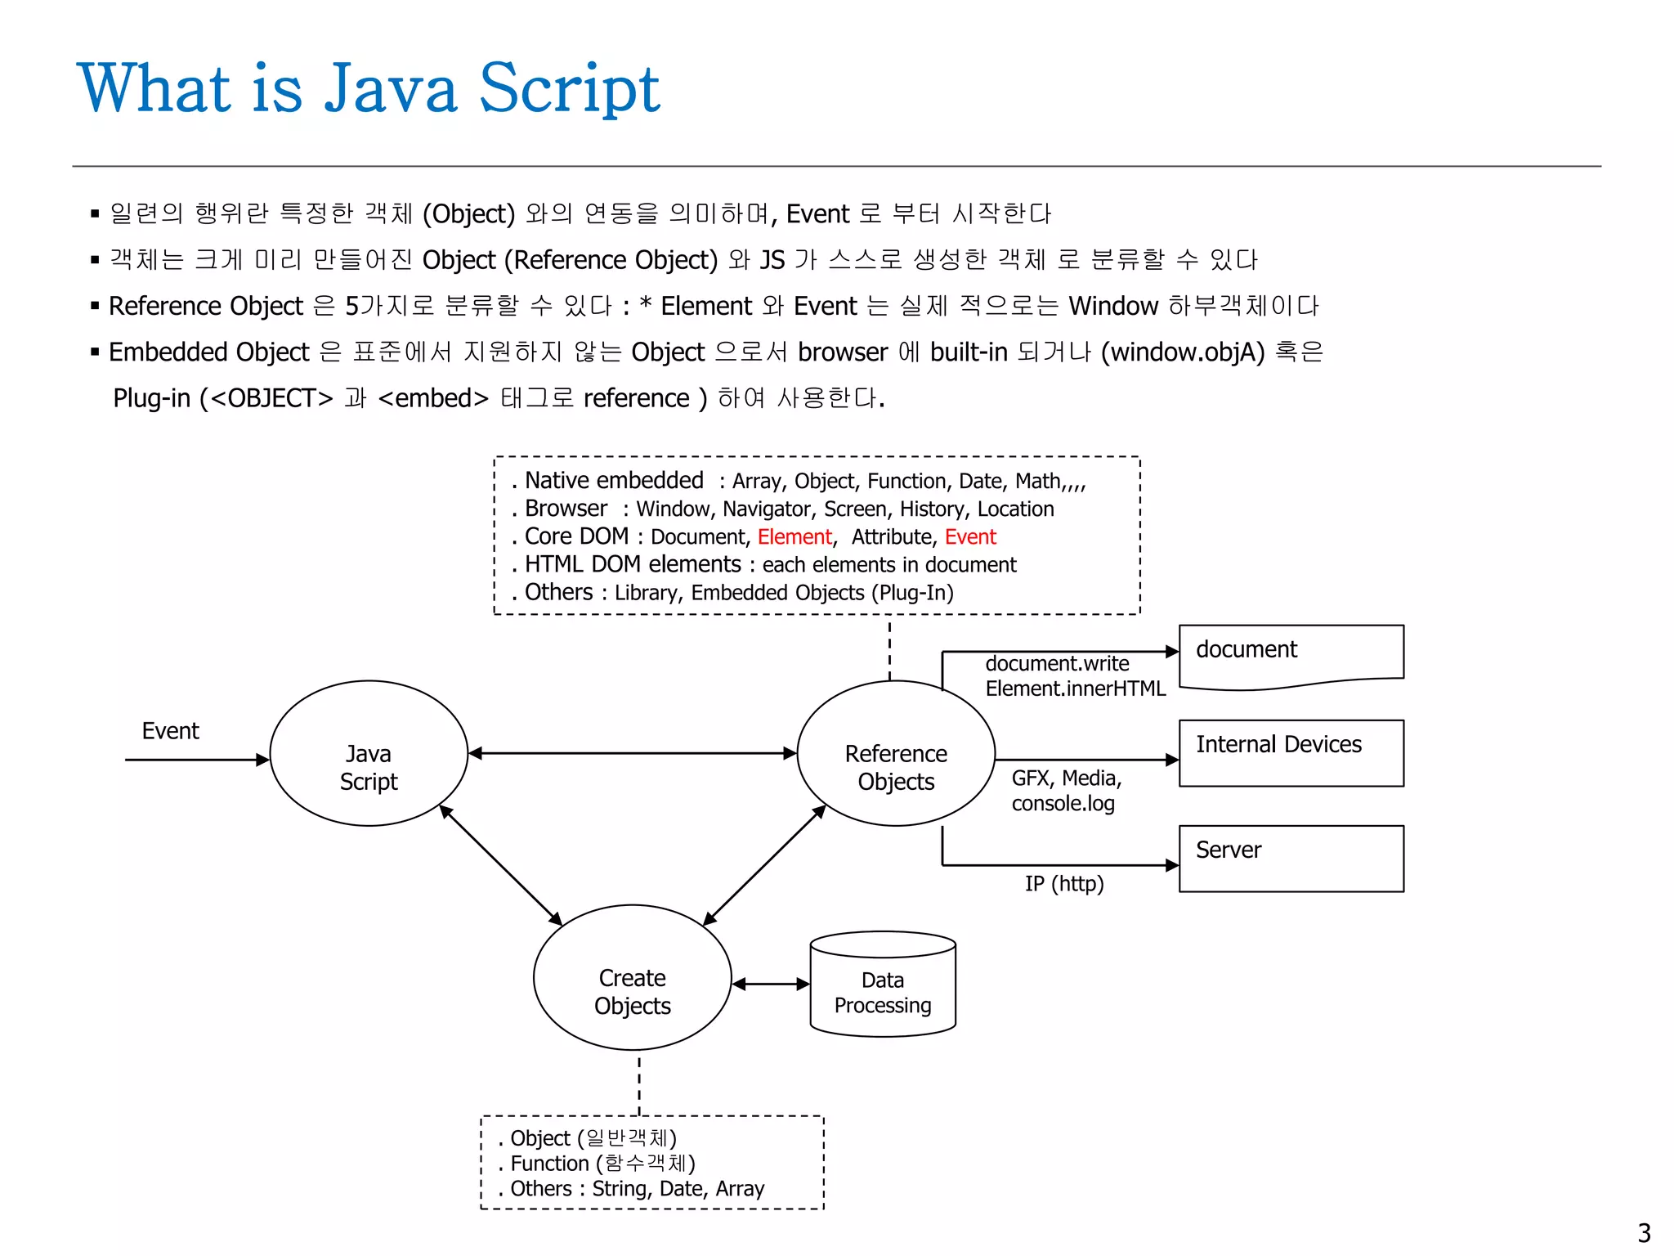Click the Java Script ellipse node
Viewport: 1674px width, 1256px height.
pos(368,753)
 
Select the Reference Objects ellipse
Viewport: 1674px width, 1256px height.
pos(895,753)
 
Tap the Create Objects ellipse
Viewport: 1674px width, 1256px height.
pos(632,977)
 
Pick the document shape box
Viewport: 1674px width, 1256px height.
pos(1291,654)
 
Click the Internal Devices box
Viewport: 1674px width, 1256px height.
pos(1291,753)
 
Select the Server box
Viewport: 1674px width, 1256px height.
pos(1291,859)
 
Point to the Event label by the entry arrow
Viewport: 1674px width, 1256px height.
pos(170,730)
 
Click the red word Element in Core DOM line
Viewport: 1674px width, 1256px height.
pos(794,537)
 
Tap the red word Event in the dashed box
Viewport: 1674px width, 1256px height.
pos(970,537)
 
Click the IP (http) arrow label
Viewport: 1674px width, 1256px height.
pos(1064,884)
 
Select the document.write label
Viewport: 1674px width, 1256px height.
pos(1057,663)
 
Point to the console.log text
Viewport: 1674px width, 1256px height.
pos(1063,804)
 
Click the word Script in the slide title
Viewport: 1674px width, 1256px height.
pos(569,88)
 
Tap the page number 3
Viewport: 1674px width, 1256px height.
pos(1644,1232)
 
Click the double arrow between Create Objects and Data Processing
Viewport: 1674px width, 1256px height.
pos(770,984)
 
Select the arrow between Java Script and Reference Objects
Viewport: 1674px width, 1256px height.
pos(632,753)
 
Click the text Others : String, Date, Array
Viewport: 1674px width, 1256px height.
pos(637,1189)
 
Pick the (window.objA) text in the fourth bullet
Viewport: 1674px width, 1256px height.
pos(1182,352)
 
